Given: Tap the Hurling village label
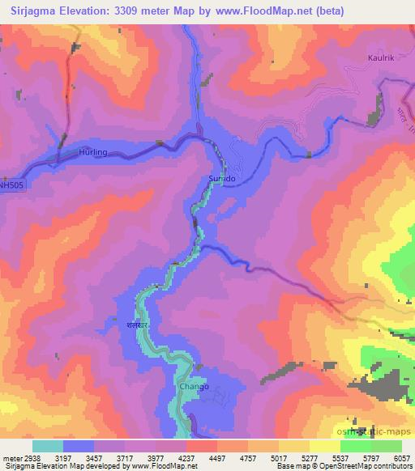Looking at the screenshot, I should click(93, 151).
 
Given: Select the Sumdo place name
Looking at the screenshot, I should click(222, 176).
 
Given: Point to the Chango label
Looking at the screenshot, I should click(194, 386).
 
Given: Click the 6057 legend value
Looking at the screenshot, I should click(403, 457).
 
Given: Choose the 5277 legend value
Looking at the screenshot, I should click(297, 457).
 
